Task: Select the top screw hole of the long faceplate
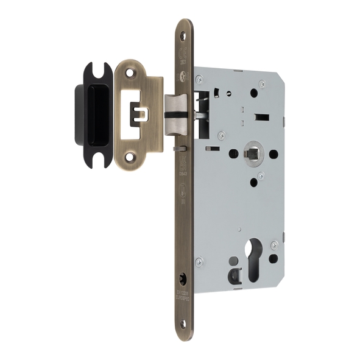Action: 184,35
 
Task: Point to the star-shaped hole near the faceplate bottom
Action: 183,281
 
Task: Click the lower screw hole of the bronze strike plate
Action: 129,157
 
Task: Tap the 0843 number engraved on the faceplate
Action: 183,174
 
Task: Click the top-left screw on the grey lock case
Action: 199,79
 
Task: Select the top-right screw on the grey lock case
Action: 262,83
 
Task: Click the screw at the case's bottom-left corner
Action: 199,262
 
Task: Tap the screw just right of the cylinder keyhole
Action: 274,245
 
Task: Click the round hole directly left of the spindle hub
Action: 233,154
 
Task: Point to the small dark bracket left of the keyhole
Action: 234,276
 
